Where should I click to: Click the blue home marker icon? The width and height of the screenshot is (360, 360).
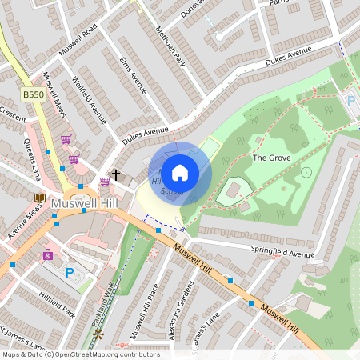[180, 172]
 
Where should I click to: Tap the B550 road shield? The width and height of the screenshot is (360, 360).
[33, 94]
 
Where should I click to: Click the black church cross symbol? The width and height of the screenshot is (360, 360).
[115, 174]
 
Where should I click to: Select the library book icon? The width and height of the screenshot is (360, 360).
[39, 197]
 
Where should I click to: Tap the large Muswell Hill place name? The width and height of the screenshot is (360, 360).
[84, 205]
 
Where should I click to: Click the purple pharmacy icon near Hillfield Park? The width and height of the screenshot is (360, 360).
[47, 255]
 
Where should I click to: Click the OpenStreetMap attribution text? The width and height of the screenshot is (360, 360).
[80, 354]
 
